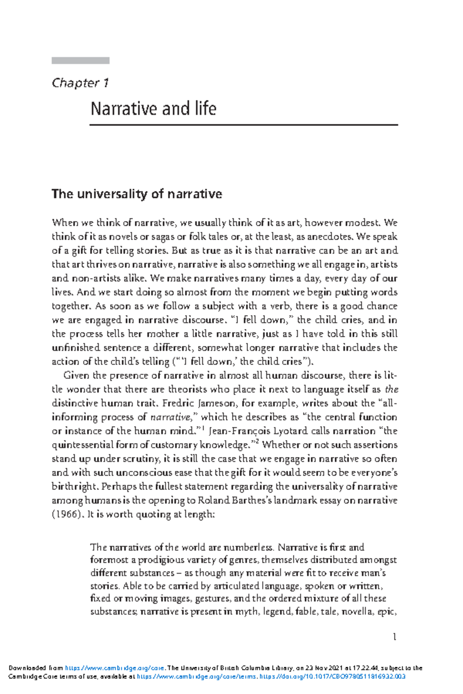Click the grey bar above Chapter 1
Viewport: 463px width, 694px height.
click(80, 61)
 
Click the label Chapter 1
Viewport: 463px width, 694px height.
click(80, 83)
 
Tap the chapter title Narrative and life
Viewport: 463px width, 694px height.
click(153, 109)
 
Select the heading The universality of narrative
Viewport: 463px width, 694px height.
click(137, 194)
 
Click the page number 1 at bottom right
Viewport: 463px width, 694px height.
click(394, 637)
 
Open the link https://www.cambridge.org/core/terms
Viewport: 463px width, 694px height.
click(196, 677)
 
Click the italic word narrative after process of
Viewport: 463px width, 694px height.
click(170, 417)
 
